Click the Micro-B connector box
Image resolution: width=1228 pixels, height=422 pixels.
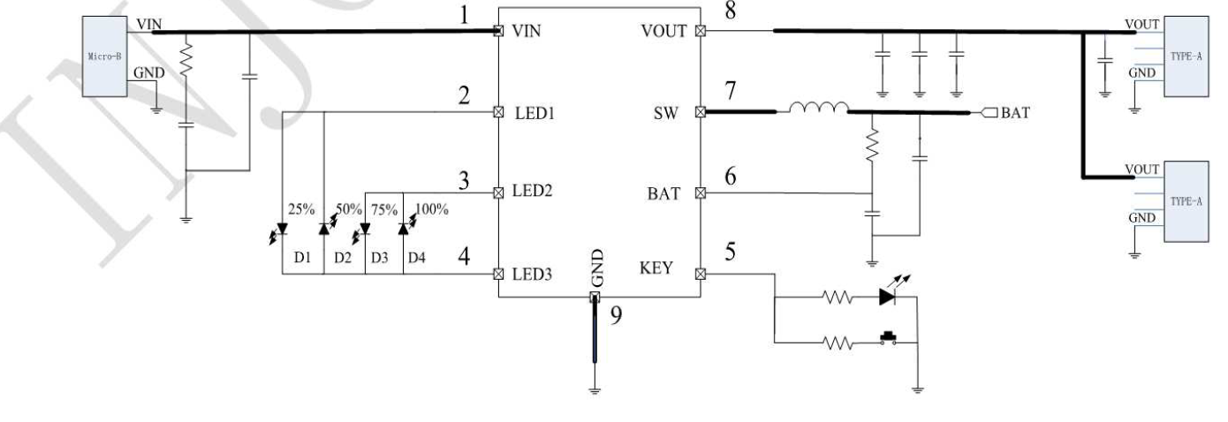click(103, 56)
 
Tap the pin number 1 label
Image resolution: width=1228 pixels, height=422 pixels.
click(478, 13)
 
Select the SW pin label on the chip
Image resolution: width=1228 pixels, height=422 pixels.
click(668, 113)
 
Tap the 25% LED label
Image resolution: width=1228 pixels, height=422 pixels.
click(301, 209)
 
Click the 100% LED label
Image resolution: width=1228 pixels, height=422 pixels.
click(432, 209)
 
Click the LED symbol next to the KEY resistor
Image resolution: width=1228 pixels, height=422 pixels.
click(890, 298)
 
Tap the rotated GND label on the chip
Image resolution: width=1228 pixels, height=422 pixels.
click(597, 269)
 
